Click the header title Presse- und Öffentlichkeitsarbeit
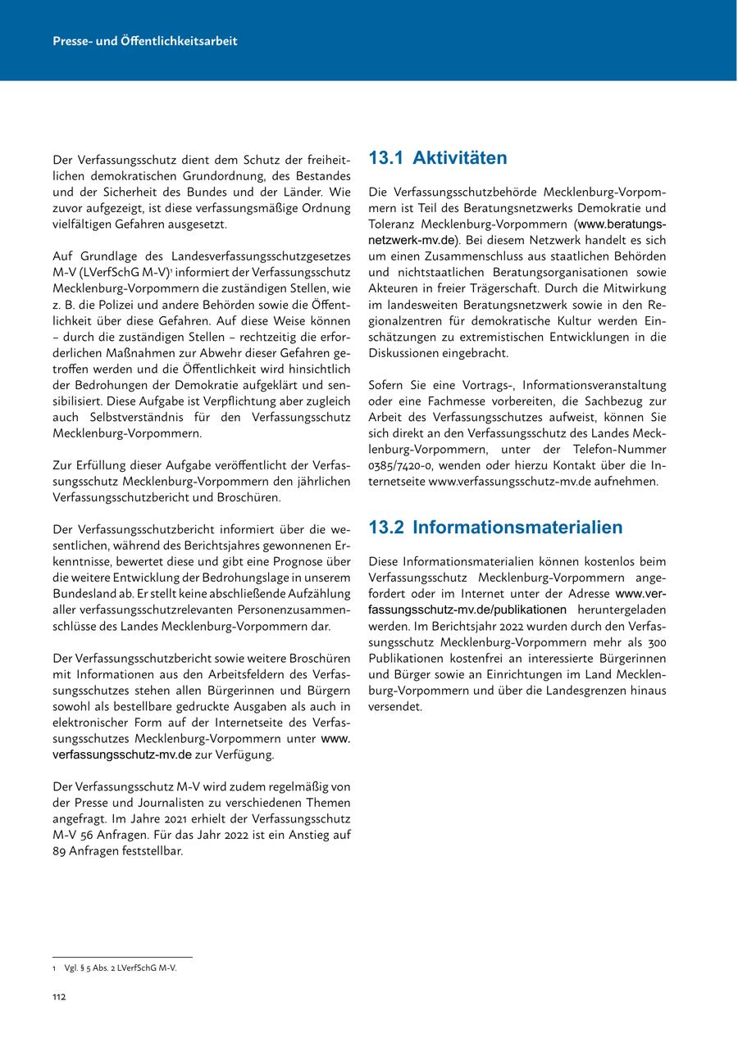click(144, 40)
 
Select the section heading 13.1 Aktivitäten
click(438, 158)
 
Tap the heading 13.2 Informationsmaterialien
click(495, 527)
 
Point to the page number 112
click(59, 996)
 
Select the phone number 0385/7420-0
click(400, 465)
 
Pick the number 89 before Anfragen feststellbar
click(60, 850)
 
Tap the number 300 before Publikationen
click(653, 641)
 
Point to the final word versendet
click(395, 706)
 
